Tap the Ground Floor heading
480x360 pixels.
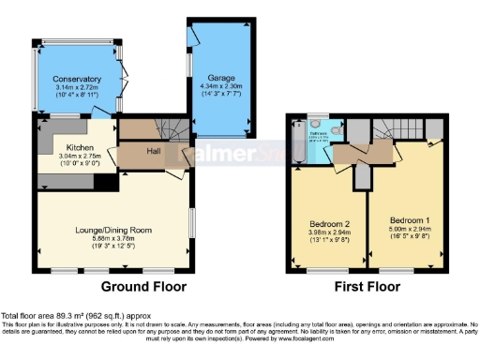pyautogui.click(x=142, y=287)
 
